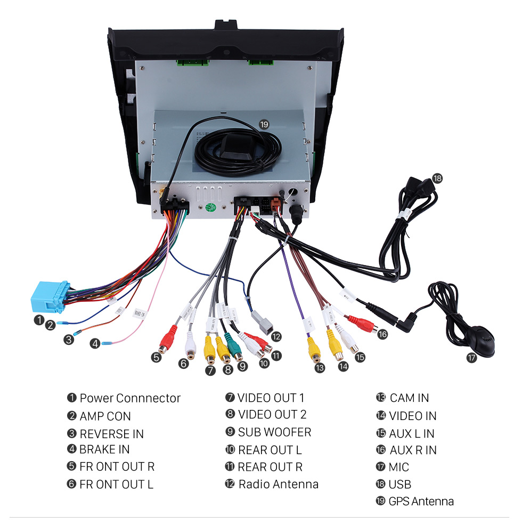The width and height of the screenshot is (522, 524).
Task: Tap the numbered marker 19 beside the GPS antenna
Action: [264, 125]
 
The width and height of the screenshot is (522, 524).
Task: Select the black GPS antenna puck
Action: [232, 145]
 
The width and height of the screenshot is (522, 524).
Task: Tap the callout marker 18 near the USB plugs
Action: [437, 178]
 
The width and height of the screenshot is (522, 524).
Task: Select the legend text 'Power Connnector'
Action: [130, 398]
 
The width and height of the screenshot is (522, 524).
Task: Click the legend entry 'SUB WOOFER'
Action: [274, 432]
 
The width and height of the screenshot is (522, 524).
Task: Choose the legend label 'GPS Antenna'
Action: [421, 501]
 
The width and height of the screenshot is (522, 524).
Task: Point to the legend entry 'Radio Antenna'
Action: [278, 484]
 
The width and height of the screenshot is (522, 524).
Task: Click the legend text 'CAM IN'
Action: [409, 398]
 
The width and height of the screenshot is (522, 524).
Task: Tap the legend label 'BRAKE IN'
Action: [104, 449]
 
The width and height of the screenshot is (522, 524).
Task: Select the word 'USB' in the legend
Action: [400, 484]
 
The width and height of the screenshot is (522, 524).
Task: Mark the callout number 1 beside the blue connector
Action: [38, 320]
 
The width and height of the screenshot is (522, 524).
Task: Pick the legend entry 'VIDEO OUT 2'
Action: [272, 414]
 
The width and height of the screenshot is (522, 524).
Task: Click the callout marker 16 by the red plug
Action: [382, 334]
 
